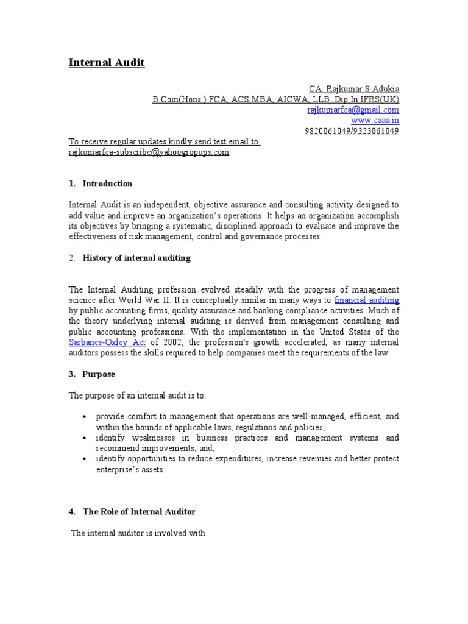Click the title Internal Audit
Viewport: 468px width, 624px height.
[106, 62]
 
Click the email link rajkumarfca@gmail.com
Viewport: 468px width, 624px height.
[352, 110]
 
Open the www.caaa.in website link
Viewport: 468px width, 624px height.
[375, 121]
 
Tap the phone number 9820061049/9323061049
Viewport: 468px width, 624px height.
[352, 131]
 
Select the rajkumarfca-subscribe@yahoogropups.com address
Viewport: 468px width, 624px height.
[149, 152]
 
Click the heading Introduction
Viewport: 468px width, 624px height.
[107, 184]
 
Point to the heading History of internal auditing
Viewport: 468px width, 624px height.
[136, 258]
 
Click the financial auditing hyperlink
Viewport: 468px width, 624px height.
[367, 300]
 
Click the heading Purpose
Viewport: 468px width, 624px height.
[99, 374]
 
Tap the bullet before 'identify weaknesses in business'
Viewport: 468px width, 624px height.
[83, 439]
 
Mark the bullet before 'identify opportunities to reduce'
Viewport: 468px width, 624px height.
[83, 459]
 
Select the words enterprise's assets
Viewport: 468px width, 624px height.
[130, 470]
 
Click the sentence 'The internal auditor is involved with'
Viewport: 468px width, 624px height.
[138, 533]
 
